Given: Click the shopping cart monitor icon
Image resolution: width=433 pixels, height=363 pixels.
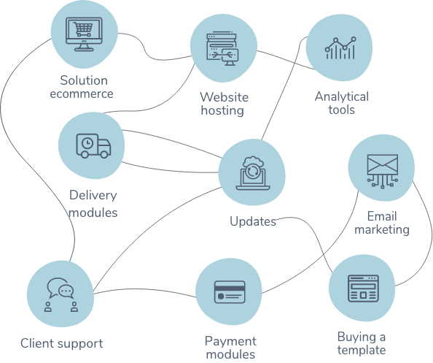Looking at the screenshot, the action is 84,34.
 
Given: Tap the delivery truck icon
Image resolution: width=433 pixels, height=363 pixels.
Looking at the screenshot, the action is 93,146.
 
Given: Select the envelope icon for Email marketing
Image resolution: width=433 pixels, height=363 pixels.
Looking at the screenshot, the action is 383,171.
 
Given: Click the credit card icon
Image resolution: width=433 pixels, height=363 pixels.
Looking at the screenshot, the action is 230,292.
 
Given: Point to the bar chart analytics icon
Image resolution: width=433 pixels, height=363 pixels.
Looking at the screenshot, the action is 340,48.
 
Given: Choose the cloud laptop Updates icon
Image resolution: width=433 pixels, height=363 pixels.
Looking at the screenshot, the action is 253,173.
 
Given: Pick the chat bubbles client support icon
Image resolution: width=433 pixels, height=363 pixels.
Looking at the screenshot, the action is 61,294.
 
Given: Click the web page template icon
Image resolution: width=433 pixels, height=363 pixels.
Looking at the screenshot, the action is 363,289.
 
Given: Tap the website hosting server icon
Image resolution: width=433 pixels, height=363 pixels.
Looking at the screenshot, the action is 222,49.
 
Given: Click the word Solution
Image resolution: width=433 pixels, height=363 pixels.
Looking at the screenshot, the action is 84,80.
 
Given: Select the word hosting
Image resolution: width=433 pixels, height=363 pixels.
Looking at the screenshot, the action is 222,110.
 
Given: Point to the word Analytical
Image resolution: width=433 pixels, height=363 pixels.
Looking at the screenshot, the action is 342,97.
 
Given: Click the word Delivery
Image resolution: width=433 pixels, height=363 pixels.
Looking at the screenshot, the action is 93,195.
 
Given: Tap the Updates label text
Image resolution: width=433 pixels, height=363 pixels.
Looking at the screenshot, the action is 253,221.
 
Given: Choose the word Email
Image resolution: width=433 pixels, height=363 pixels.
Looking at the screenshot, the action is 382,216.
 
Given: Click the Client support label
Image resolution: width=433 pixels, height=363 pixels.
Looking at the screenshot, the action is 61,343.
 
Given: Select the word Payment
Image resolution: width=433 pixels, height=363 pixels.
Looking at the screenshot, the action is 230,342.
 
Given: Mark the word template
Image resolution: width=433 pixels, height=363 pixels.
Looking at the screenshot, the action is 362,351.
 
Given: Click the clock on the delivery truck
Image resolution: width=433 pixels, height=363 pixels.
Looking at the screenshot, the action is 87,143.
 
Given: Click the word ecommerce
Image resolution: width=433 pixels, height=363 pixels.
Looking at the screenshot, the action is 82,93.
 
